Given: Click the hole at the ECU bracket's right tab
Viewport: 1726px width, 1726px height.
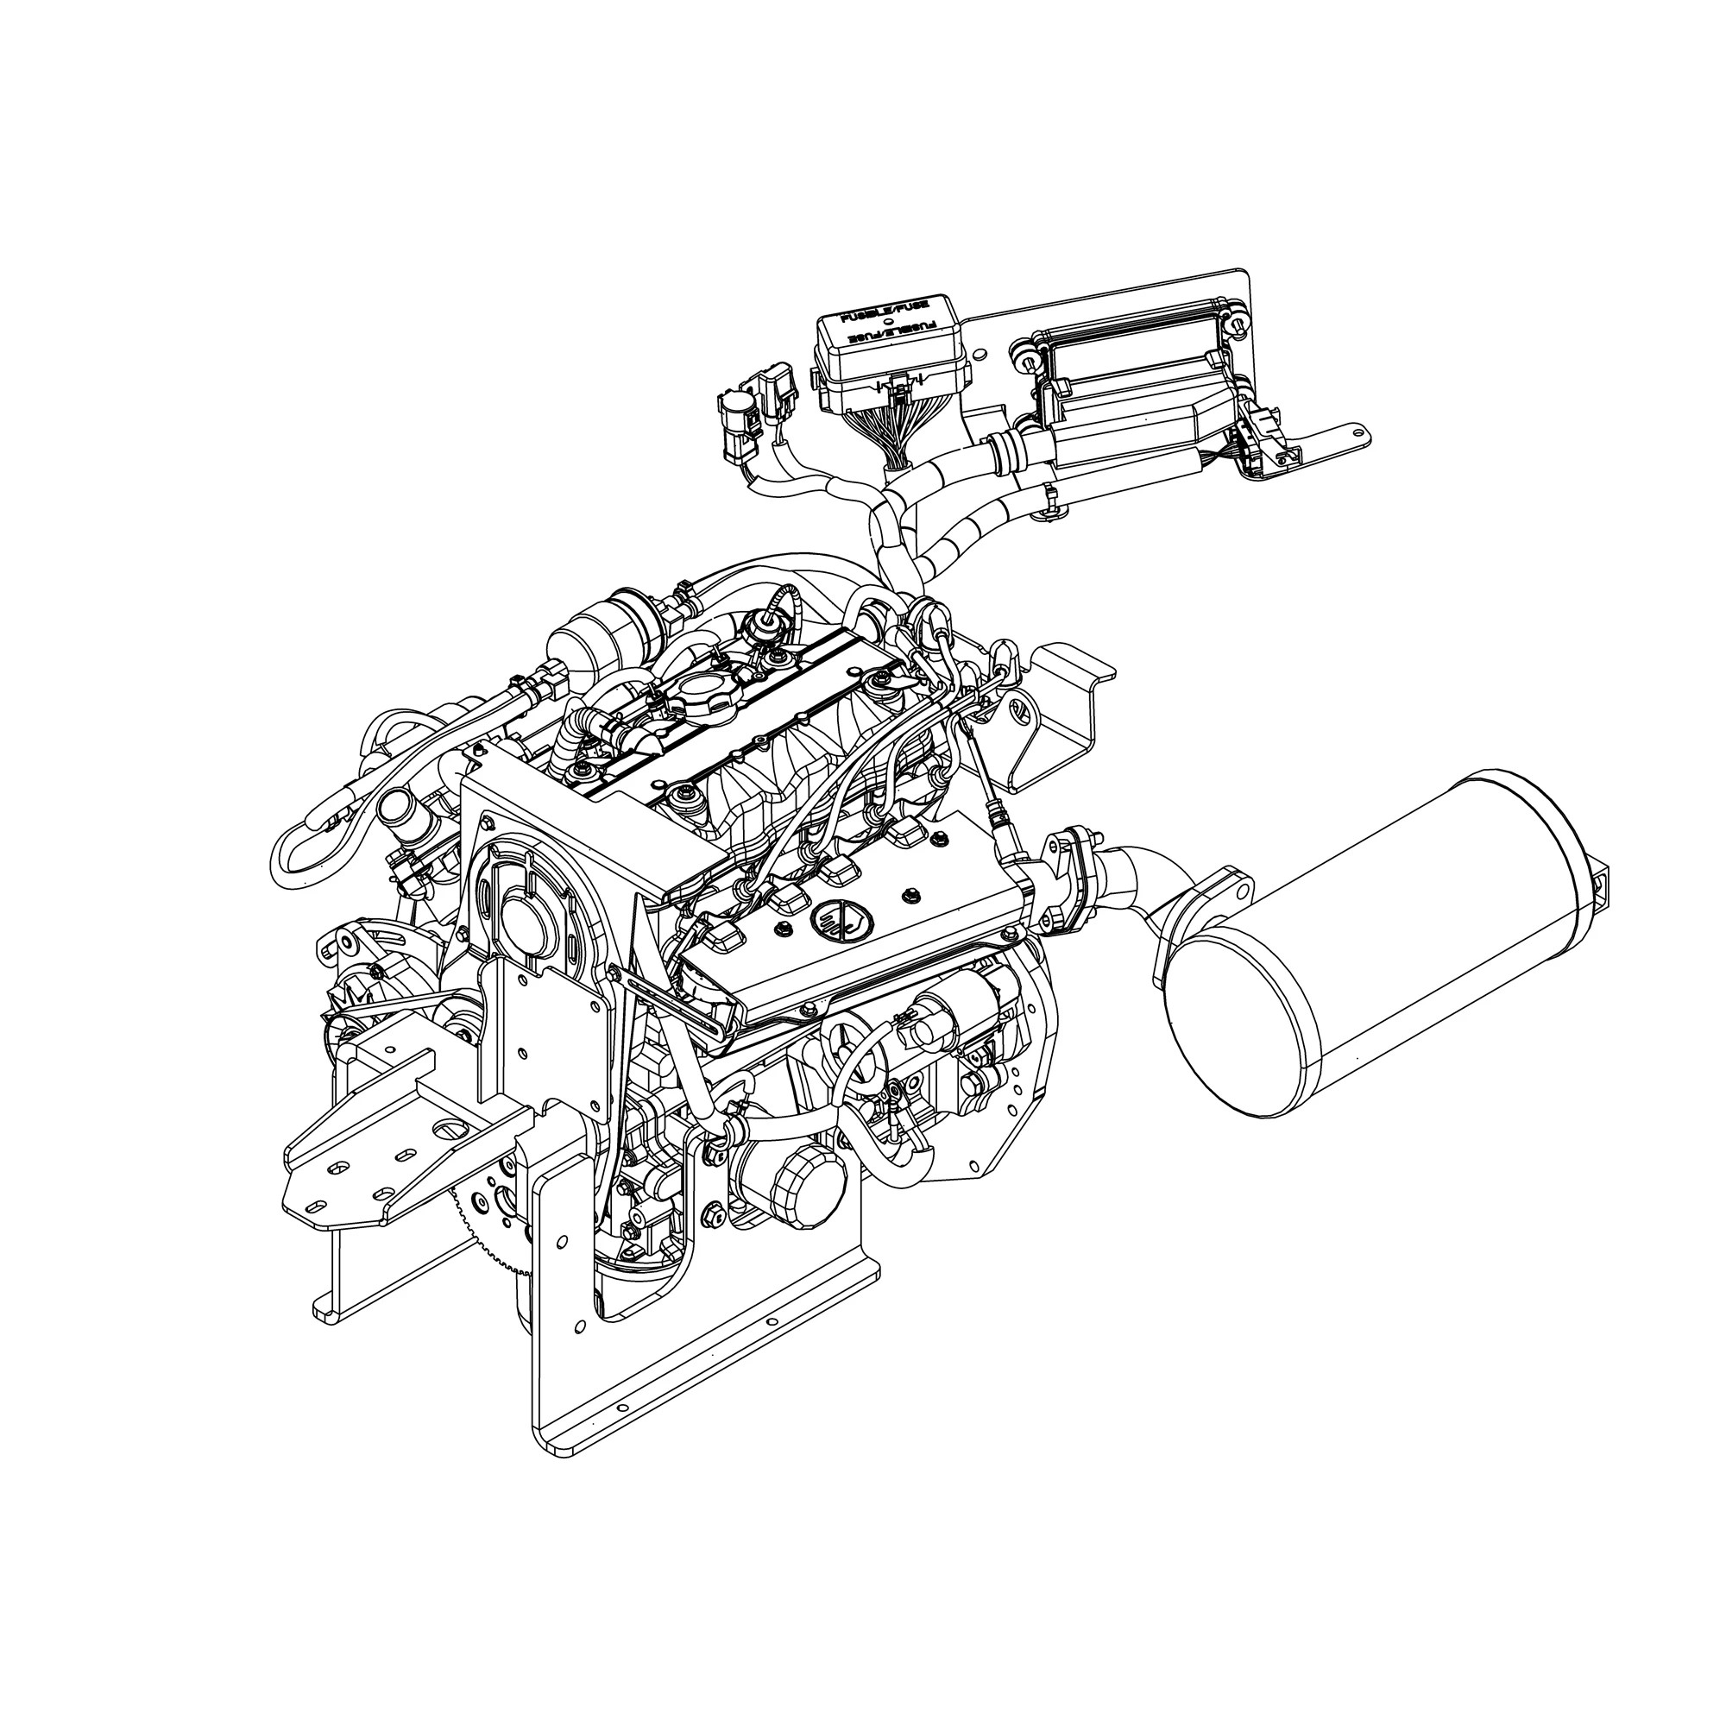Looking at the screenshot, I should click(x=1360, y=434).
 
